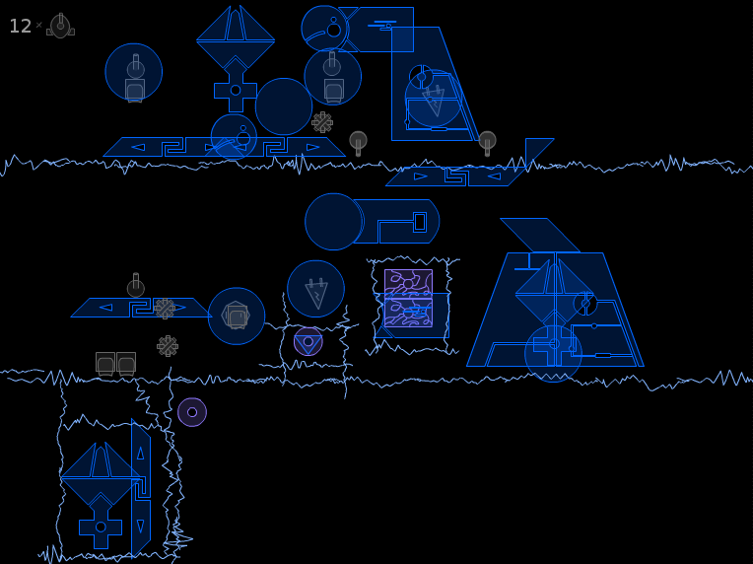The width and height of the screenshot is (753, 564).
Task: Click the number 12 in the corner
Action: [x=20, y=26]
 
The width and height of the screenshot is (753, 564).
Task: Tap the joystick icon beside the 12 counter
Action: [x=60, y=26]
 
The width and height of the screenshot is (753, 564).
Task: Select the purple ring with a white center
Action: [x=192, y=412]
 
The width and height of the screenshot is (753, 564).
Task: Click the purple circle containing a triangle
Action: [x=308, y=341]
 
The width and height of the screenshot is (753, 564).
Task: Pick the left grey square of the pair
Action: [x=105, y=363]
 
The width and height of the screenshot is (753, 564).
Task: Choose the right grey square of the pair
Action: [x=126, y=363]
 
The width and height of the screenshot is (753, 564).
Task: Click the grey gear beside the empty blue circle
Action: [x=322, y=122]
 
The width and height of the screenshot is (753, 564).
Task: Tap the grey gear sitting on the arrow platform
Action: [x=165, y=309]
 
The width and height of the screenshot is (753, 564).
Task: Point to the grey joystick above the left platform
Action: [x=136, y=285]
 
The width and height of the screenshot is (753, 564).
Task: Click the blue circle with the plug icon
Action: [x=316, y=289]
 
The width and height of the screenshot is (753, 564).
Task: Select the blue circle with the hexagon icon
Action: [x=237, y=317]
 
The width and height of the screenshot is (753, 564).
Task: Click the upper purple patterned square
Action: [x=409, y=283]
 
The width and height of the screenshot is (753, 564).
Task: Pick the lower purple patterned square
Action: [x=409, y=313]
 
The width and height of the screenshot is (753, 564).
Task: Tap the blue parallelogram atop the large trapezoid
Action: [x=540, y=236]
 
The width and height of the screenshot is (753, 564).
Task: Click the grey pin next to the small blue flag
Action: [x=488, y=143]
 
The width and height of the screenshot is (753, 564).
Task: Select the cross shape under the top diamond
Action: [x=236, y=91]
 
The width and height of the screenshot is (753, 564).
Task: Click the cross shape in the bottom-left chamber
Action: [x=101, y=527]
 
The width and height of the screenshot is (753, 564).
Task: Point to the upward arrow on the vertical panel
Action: [x=140, y=453]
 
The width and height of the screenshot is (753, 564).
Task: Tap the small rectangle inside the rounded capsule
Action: [x=420, y=222]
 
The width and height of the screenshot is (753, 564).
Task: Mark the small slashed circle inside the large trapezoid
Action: [x=585, y=304]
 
